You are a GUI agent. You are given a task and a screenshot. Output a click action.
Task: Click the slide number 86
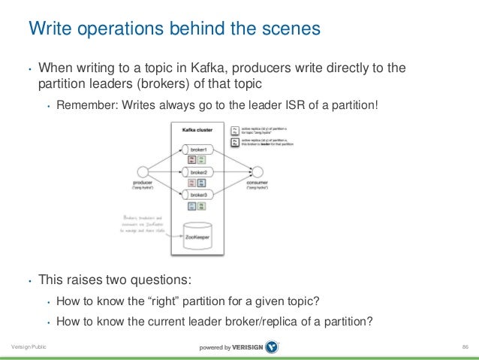point(465,347)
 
